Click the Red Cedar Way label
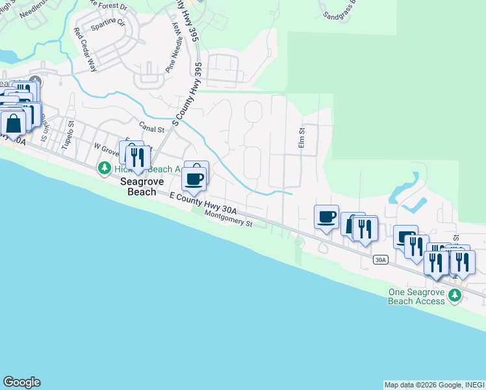(x=85, y=49)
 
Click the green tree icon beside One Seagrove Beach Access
(x=455, y=296)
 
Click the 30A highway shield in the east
(x=381, y=260)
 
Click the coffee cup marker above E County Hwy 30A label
(x=194, y=178)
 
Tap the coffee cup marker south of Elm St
(x=326, y=216)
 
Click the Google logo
(x=21, y=382)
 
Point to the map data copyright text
(x=433, y=385)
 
